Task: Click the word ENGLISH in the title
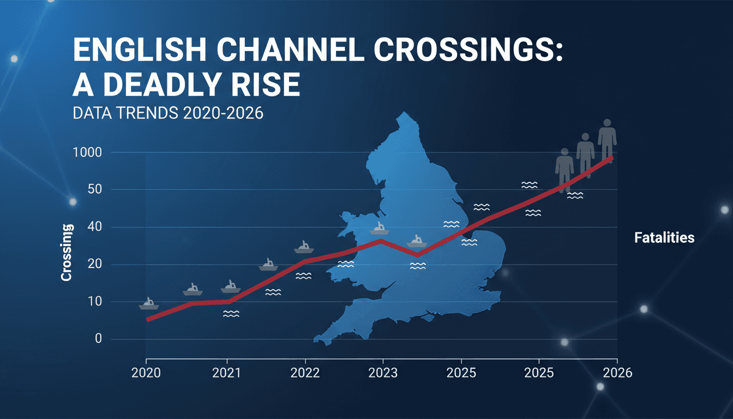(140, 50)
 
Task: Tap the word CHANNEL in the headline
(291, 50)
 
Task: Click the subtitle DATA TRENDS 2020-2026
(168, 113)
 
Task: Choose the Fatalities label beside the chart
(664, 238)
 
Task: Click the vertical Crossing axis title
(67, 253)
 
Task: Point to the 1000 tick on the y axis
(87, 153)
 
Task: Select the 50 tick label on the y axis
(95, 189)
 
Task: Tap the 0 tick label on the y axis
(98, 339)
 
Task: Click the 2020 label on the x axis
(146, 373)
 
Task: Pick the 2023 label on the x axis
(383, 373)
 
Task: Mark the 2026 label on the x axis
(617, 373)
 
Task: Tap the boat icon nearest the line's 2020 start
(149, 304)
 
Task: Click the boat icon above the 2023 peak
(379, 229)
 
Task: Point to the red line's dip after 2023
(417, 255)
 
